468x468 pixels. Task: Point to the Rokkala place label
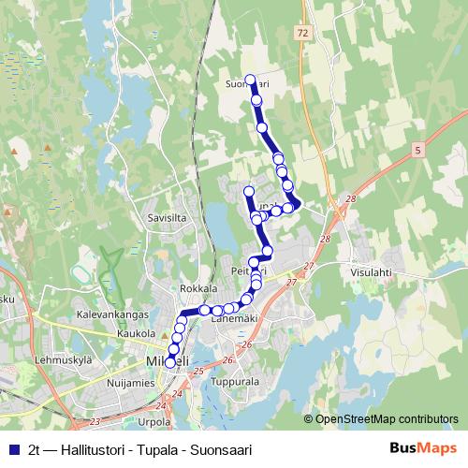198,288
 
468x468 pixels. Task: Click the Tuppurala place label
235,382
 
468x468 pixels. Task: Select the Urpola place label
154,422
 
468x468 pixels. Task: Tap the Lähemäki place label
233,318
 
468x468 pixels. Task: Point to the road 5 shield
417,149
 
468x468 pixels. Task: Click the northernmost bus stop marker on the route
250,80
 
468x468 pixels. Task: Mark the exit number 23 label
95,422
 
